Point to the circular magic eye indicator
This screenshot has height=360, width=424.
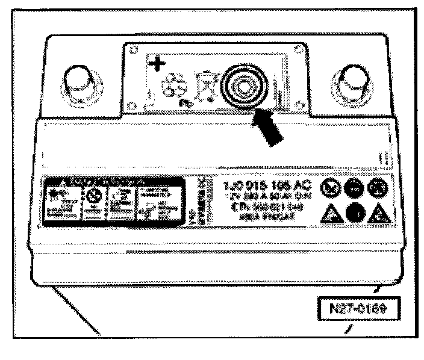click(245, 84)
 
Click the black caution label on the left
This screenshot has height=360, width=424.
click(97, 201)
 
